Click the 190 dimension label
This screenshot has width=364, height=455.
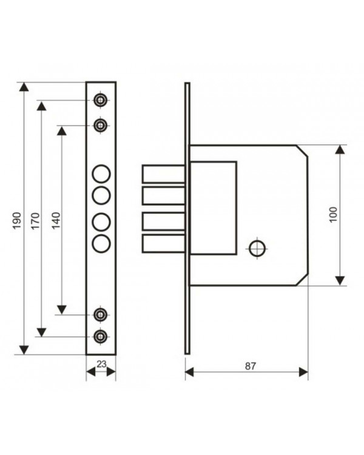pos(17,221)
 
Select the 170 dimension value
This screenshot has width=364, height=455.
pos(35,221)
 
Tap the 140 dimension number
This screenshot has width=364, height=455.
pos(56,221)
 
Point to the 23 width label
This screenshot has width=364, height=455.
pos(101,364)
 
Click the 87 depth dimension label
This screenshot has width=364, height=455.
pos(250,366)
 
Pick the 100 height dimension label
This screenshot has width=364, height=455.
pos(334,214)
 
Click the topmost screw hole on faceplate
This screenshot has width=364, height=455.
pos(101,100)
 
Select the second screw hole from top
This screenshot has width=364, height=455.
pos(101,126)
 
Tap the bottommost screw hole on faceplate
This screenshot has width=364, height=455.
pos(101,337)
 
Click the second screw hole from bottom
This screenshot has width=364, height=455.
pos(101,314)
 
